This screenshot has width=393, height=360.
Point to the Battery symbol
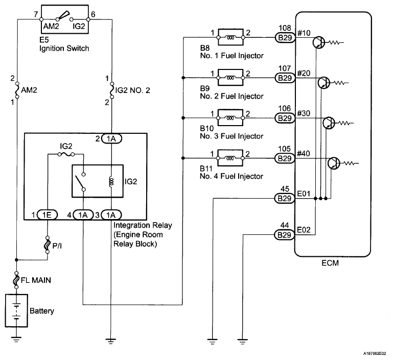17,309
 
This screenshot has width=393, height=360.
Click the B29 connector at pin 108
285,37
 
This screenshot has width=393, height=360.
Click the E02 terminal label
304,230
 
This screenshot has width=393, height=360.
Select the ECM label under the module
331,263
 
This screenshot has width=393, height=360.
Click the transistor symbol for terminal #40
333,163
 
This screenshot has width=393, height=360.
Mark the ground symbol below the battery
17,338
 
